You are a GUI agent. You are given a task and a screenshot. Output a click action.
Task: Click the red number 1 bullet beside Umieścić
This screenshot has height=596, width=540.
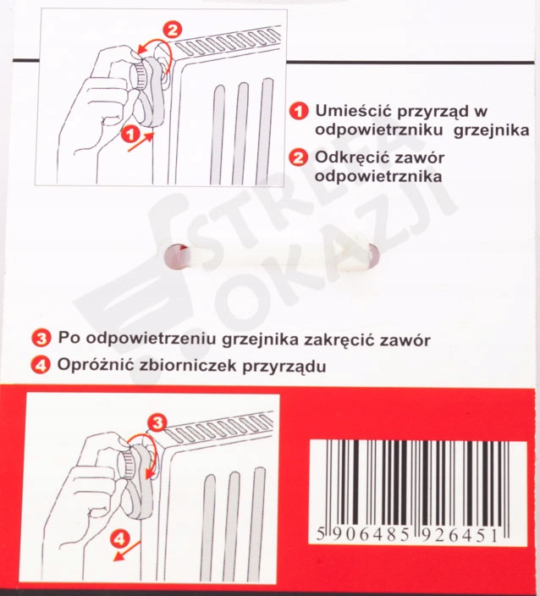click(299, 112)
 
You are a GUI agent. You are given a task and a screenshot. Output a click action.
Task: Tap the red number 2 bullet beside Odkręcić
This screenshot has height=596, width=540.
click(298, 157)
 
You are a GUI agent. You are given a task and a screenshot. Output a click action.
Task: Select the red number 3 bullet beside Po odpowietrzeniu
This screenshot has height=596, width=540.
click(41, 339)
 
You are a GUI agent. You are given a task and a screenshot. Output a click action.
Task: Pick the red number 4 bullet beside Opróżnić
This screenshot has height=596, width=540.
click(41, 366)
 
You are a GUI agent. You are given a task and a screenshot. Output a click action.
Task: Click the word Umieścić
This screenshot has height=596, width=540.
click(354, 111)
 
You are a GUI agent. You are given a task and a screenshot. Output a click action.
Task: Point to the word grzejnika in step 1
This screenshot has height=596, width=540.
click(492, 130)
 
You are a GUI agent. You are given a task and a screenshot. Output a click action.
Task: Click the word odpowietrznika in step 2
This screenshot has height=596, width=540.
click(378, 177)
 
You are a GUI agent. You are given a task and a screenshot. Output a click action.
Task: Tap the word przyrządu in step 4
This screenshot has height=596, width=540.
click(284, 367)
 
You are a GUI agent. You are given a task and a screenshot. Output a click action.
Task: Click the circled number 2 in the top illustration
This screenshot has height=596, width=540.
click(173, 30)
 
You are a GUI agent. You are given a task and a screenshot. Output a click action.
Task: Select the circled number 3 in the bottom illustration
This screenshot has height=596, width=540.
click(157, 422)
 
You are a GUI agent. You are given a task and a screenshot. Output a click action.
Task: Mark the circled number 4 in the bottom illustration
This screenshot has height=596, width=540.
click(119, 539)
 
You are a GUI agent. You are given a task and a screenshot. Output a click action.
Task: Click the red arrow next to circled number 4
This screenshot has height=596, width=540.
click(127, 551)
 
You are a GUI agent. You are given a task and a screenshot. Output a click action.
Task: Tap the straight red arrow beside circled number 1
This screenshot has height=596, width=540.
click(141, 141)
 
